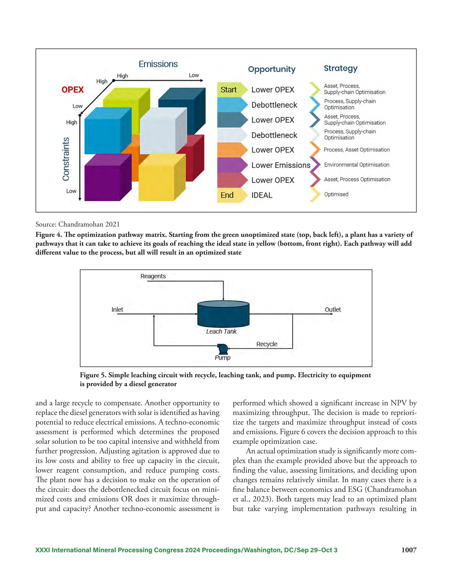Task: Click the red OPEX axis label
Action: [x=73, y=89]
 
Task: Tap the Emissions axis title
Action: [x=158, y=64]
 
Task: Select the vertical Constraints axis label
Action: [x=66, y=159]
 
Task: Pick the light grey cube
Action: [x=163, y=130]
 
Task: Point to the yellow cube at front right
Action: [x=162, y=177]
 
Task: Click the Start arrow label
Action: [x=229, y=90]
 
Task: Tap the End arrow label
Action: [x=227, y=195]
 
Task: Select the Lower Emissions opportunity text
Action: [x=281, y=165]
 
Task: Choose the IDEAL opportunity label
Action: [x=262, y=195]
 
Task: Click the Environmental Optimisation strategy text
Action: [x=357, y=165]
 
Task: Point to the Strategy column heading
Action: [x=341, y=69]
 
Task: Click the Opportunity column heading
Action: [x=272, y=69]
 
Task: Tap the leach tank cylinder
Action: [x=223, y=314]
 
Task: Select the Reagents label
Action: [x=153, y=276]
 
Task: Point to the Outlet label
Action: [x=333, y=309]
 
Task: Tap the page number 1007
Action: [x=409, y=550]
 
